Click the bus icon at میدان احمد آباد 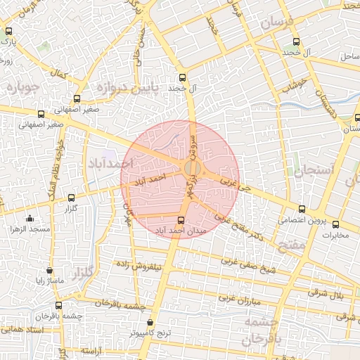click(182, 219)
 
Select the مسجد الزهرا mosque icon click(30, 219)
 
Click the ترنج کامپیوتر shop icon click(150, 322)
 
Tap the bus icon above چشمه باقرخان click(58, 306)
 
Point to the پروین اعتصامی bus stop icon click(302, 209)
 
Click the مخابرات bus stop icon click(335, 224)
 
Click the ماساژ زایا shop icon click(49, 270)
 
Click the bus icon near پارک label click(9, 31)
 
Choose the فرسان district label click(276, 23)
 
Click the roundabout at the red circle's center click(191, 169)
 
